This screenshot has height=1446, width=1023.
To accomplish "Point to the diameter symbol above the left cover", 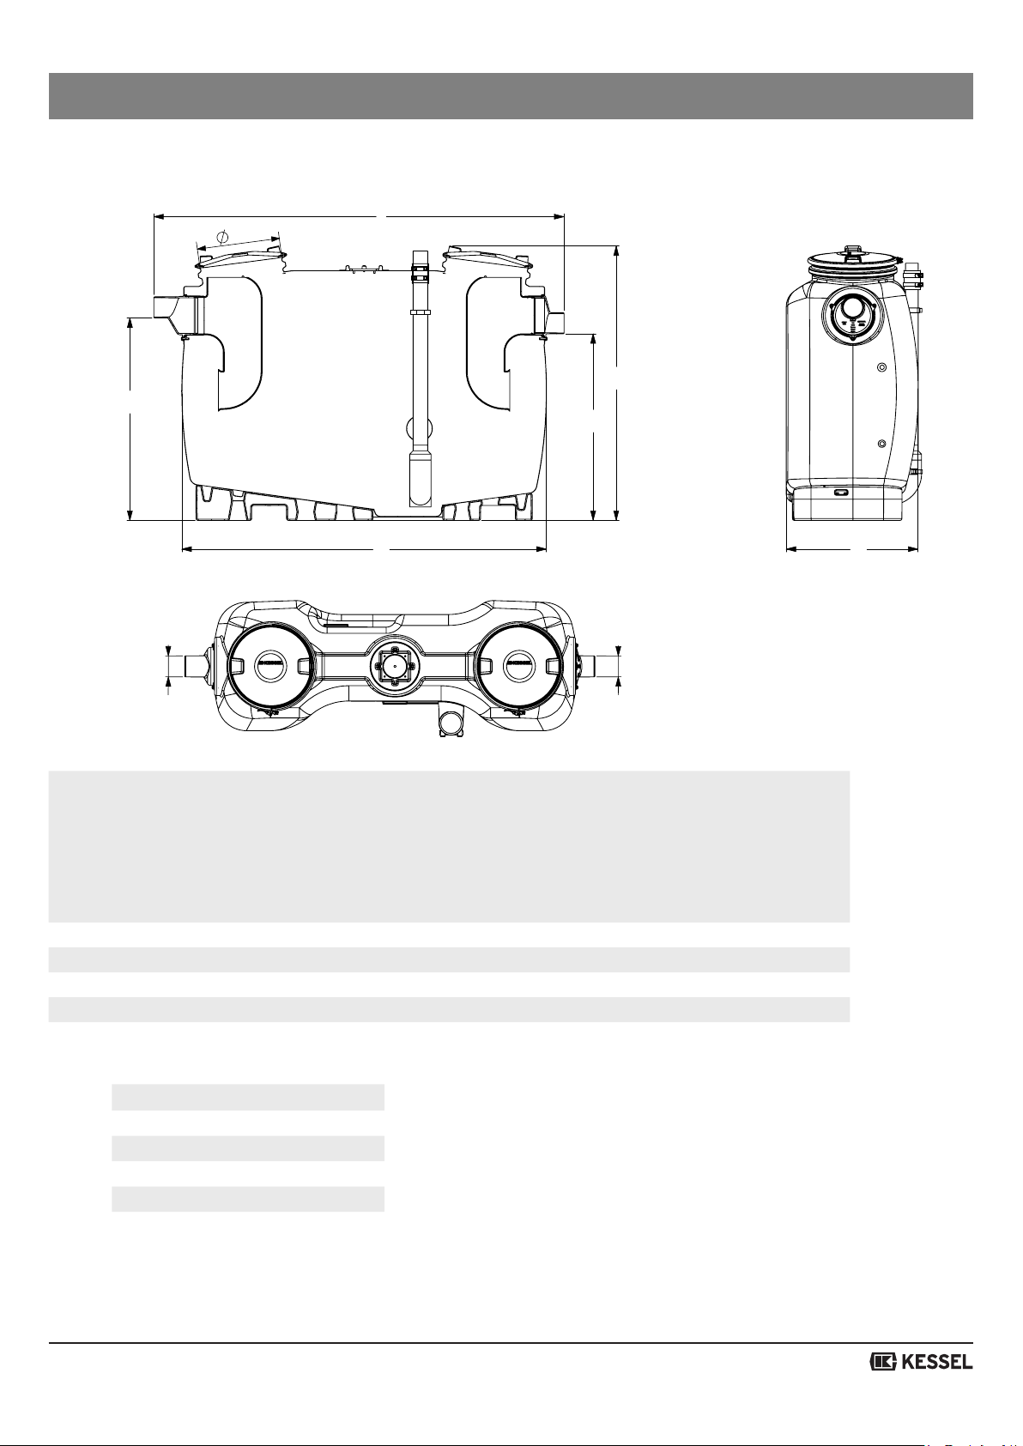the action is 222,236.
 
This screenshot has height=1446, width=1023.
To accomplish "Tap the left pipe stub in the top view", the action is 194,666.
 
